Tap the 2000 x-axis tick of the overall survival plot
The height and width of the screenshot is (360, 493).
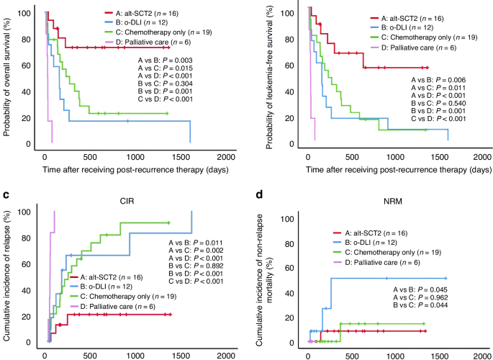[x=225, y=157]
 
